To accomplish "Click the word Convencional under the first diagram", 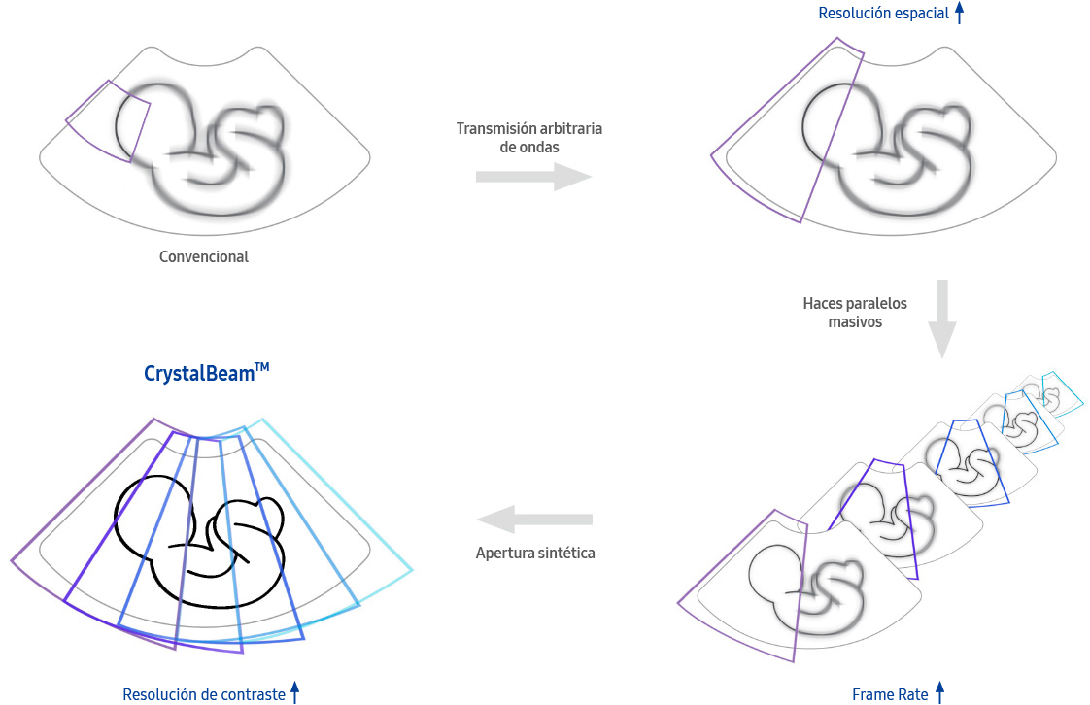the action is [204, 257].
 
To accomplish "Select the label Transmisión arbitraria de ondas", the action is [529, 138].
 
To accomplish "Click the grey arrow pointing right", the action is [533, 177].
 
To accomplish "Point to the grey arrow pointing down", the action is [942, 319].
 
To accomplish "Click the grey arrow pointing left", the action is [534, 519].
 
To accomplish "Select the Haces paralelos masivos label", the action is [855, 313].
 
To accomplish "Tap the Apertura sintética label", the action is [535, 553].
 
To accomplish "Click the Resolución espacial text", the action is [883, 14].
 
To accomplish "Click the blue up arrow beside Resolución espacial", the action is [959, 13].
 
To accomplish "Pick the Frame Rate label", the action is [890, 694].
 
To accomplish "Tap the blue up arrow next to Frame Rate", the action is [939, 692].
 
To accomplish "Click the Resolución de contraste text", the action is [204, 694].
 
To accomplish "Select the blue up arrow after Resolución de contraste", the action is [294, 692].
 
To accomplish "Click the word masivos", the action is [855, 321].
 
